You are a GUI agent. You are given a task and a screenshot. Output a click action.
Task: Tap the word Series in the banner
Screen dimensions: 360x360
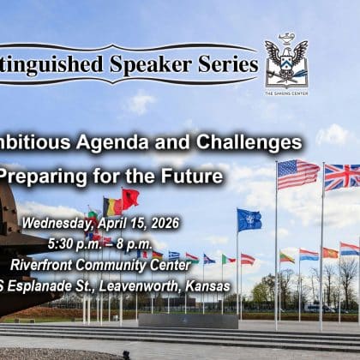pyautogui.click(x=228, y=64)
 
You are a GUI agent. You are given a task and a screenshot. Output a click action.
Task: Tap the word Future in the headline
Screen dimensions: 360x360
pyautogui.click(x=193, y=177)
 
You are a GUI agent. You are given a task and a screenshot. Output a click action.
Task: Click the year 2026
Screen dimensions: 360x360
pyautogui.click(x=161, y=223)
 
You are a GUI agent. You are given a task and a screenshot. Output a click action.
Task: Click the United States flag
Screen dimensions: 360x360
pyautogui.click(x=297, y=174)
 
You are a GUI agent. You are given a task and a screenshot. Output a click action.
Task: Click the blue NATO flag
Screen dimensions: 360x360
pyautogui.click(x=249, y=220)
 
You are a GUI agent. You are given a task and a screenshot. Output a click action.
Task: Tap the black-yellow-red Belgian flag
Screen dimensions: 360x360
pyautogui.click(x=112, y=207)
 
